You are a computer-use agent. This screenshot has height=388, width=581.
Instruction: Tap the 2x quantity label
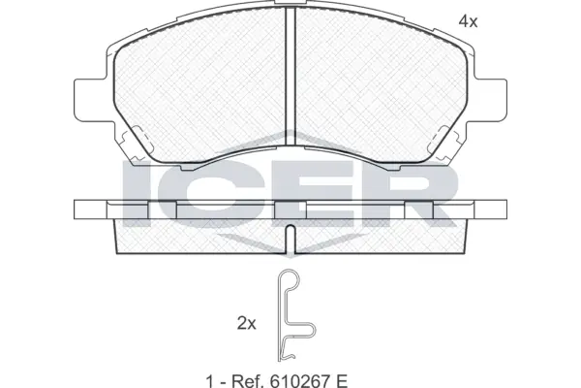246,324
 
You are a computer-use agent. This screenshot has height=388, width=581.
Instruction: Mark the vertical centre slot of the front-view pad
290,82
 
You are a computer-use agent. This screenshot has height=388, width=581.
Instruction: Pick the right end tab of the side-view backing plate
492,210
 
